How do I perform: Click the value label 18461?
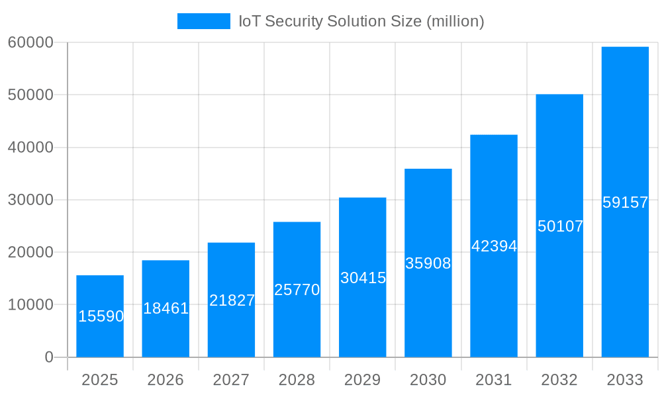165,308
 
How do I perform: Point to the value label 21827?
232,300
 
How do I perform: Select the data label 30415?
363,278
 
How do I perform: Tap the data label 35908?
428,263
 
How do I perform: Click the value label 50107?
560,226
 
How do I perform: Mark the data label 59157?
625,202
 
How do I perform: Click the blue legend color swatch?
204,21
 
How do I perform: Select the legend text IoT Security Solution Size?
361,21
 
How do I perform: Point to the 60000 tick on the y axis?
30,42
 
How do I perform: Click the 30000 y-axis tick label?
30,200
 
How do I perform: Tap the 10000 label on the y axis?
30,305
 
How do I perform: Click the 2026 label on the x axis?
165,380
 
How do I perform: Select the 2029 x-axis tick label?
363,380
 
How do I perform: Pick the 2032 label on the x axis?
559,380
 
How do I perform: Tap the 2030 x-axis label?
428,380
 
